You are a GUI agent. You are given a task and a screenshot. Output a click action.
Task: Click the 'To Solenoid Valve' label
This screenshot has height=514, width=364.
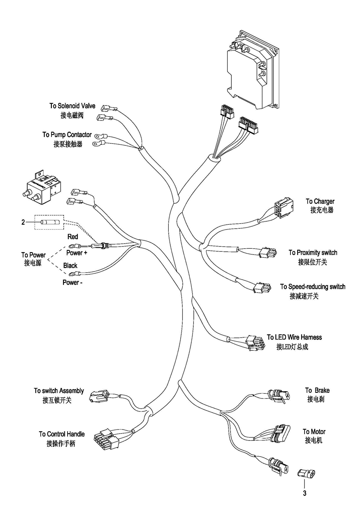pyautogui.click(x=72, y=106)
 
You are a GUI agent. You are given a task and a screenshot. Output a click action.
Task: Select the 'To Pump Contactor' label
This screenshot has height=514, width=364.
pyautogui.click(x=67, y=135)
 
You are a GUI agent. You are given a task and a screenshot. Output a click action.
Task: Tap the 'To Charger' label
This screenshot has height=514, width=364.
pyautogui.click(x=320, y=201)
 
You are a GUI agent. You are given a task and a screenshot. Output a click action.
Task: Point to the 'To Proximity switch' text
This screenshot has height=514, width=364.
pyautogui.click(x=313, y=253)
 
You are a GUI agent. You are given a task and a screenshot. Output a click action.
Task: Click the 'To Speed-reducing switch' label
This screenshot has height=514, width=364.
pyautogui.click(x=313, y=286)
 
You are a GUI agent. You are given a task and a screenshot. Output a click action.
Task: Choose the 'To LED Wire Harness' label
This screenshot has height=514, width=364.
pyautogui.click(x=294, y=337)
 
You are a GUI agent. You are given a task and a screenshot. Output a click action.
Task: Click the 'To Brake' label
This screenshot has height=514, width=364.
pyautogui.click(x=317, y=390)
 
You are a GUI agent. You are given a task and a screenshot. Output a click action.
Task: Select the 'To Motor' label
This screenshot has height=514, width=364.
pyautogui.click(x=314, y=432)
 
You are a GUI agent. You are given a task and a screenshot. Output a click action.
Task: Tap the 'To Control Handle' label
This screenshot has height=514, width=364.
pyautogui.click(x=62, y=434)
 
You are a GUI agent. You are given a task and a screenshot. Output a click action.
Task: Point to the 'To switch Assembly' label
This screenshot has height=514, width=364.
pyautogui.click(x=59, y=391)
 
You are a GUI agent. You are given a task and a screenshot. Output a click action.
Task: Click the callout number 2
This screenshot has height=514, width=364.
pyautogui.click(x=23, y=222)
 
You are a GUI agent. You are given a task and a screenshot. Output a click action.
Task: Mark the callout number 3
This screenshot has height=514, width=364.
pyautogui.click(x=305, y=493)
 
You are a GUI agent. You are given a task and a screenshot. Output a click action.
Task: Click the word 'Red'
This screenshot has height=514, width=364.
pyautogui.click(x=73, y=237)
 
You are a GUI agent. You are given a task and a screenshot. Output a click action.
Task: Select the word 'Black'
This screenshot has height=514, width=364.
pyautogui.click(x=70, y=265)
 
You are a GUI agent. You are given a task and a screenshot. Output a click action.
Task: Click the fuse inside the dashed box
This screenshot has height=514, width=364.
pyautogui.click(x=51, y=222)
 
